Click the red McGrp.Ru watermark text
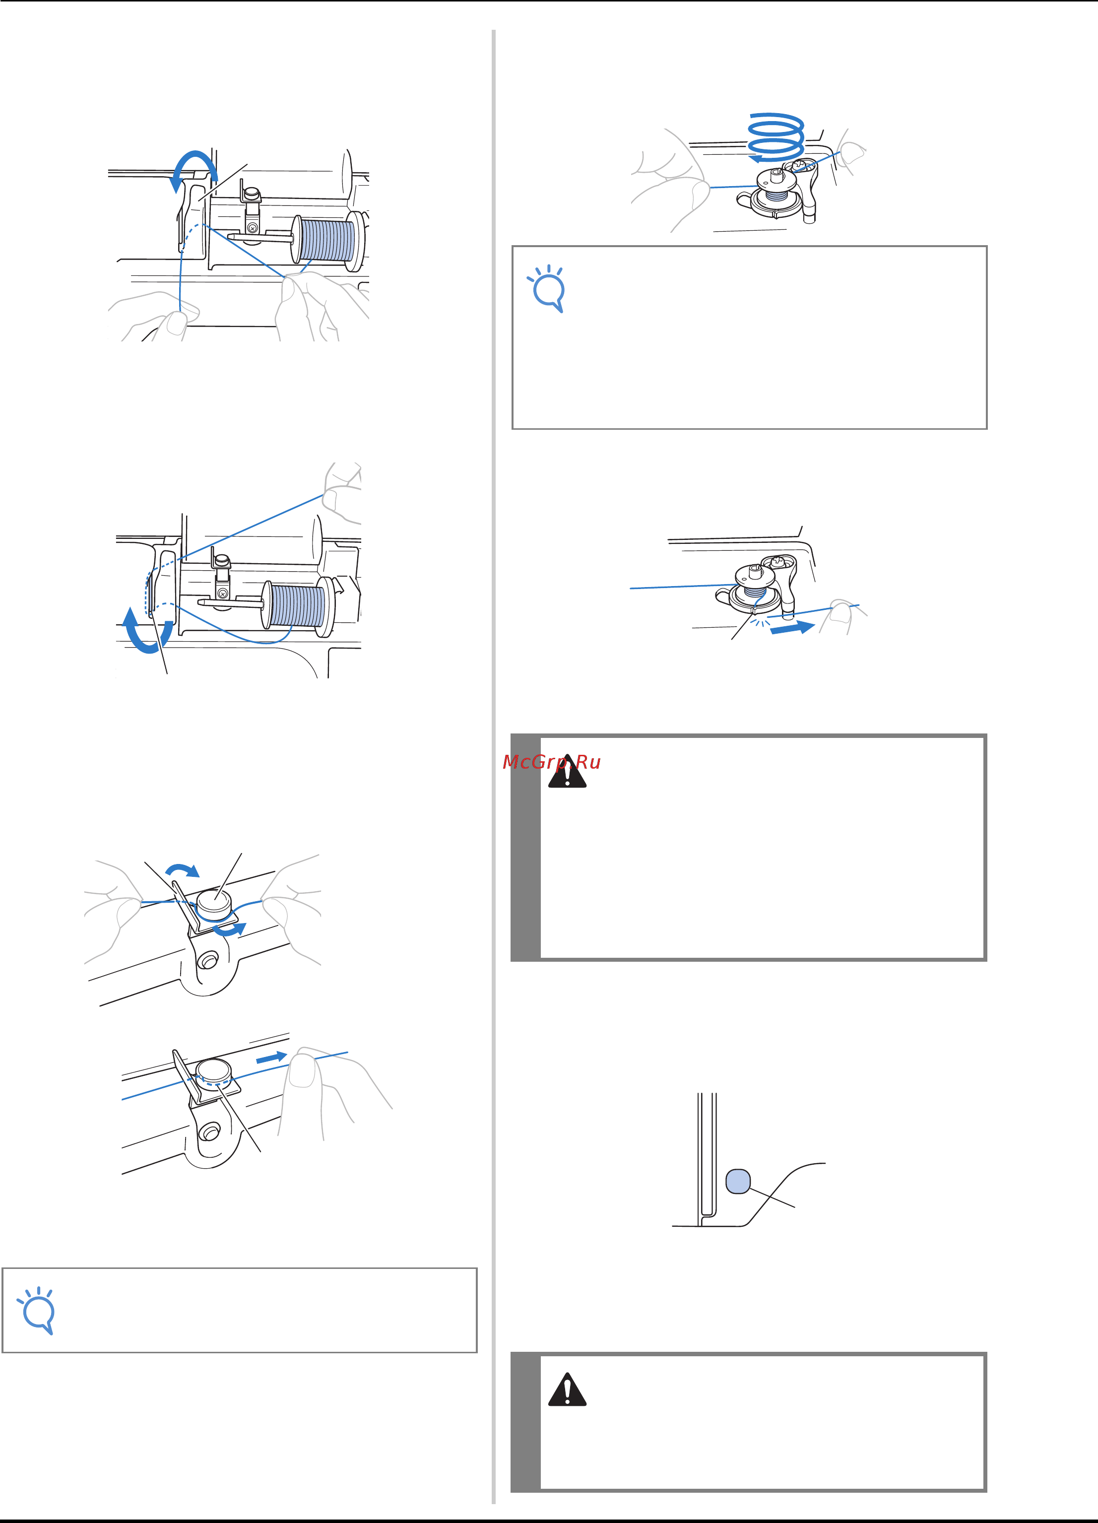[551, 762]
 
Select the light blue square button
[738, 1181]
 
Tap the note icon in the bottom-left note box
[36, 1310]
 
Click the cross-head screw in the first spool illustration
[252, 228]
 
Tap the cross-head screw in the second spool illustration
[222, 594]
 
